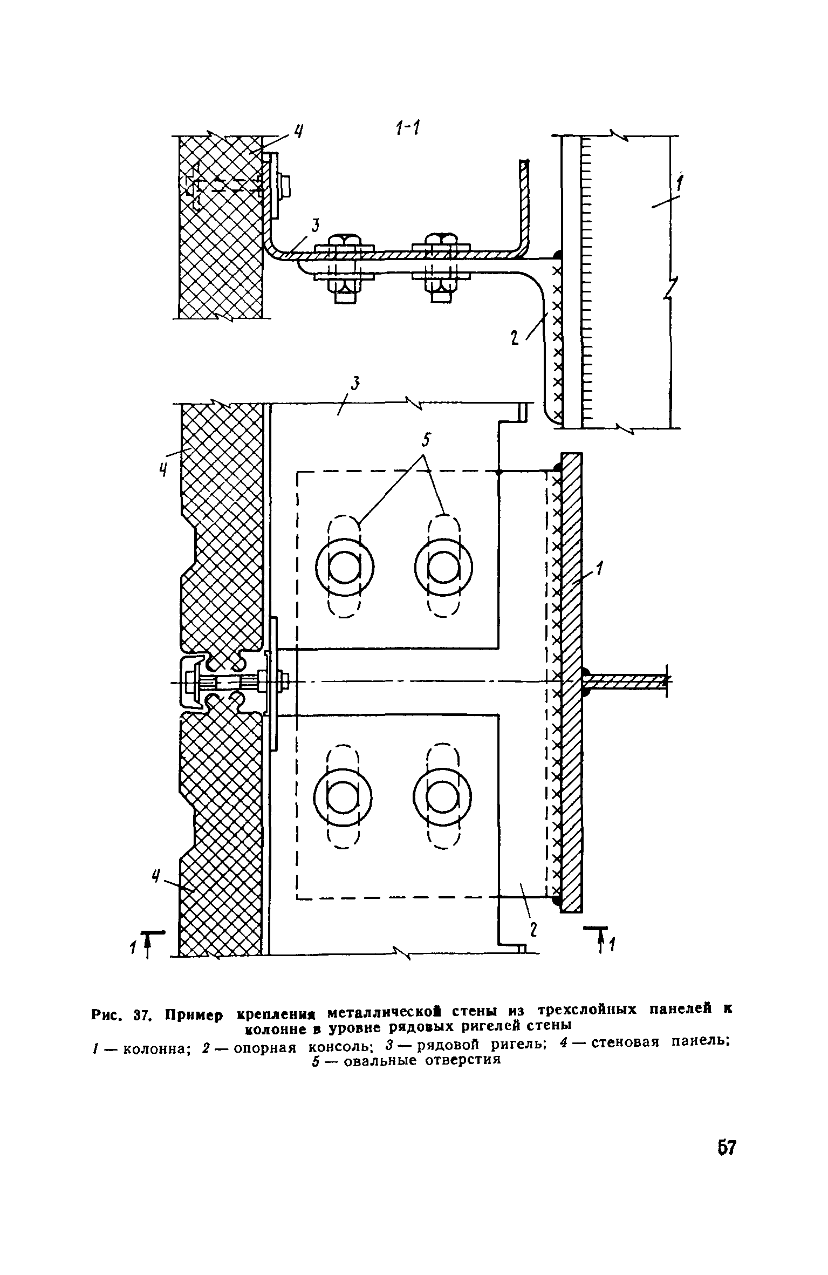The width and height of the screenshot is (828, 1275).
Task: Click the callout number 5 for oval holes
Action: [426, 440]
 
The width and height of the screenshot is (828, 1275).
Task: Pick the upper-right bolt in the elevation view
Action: [443, 567]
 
